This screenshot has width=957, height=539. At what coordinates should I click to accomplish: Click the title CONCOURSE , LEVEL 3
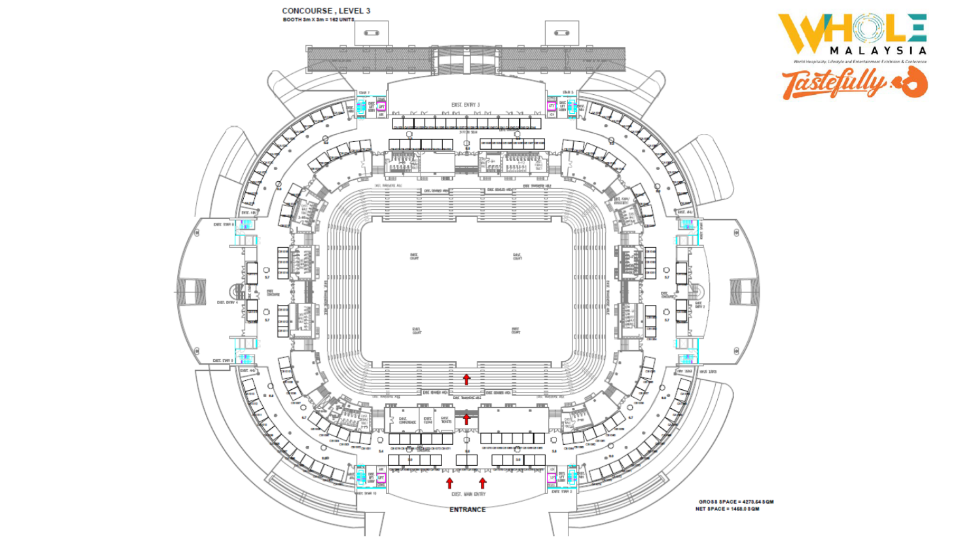pyautogui.click(x=326, y=10)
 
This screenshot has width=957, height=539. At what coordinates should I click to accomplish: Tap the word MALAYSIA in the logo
pyautogui.click(x=878, y=50)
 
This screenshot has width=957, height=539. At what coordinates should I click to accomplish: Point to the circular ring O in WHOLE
pyautogui.click(x=868, y=27)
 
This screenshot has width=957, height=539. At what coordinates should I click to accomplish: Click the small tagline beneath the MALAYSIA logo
pyautogui.click(x=860, y=61)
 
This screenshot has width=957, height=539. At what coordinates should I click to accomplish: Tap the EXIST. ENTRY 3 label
pyautogui.click(x=466, y=105)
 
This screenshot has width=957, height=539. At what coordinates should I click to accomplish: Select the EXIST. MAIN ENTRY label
pyautogui.click(x=468, y=494)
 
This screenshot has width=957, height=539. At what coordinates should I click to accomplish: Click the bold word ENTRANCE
pyautogui.click(x=468, y=510)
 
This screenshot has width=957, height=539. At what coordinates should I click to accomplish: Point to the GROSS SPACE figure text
pyautogui.click(x=736, y=502)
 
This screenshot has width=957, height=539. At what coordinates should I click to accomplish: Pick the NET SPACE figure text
pyautogui.click(x=727, y=509)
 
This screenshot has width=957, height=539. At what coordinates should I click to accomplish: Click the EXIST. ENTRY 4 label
pyautogui.click(x=227, y=302)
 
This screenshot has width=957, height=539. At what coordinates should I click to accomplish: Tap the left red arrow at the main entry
pyautogui.click(x=450, y=483)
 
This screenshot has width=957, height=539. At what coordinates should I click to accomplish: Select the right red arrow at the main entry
pyautogui.click(x=482, y=483)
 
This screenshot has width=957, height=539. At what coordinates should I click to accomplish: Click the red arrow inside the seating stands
pyautogui.click(x=467, y=379)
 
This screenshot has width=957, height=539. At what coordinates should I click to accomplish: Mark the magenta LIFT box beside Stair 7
pyautogui.click(x=381, y=106)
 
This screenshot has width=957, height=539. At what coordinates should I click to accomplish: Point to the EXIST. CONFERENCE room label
pyautogui.click(x=407, y=421)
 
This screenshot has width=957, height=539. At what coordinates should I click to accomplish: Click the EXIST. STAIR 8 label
pyautogui.click(x=223, y=225)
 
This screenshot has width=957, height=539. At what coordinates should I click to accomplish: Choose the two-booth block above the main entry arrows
pyautogui.click(x=467, y=460)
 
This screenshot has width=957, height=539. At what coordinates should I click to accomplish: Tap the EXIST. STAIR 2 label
pyautogui.click(x=562, y=492)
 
